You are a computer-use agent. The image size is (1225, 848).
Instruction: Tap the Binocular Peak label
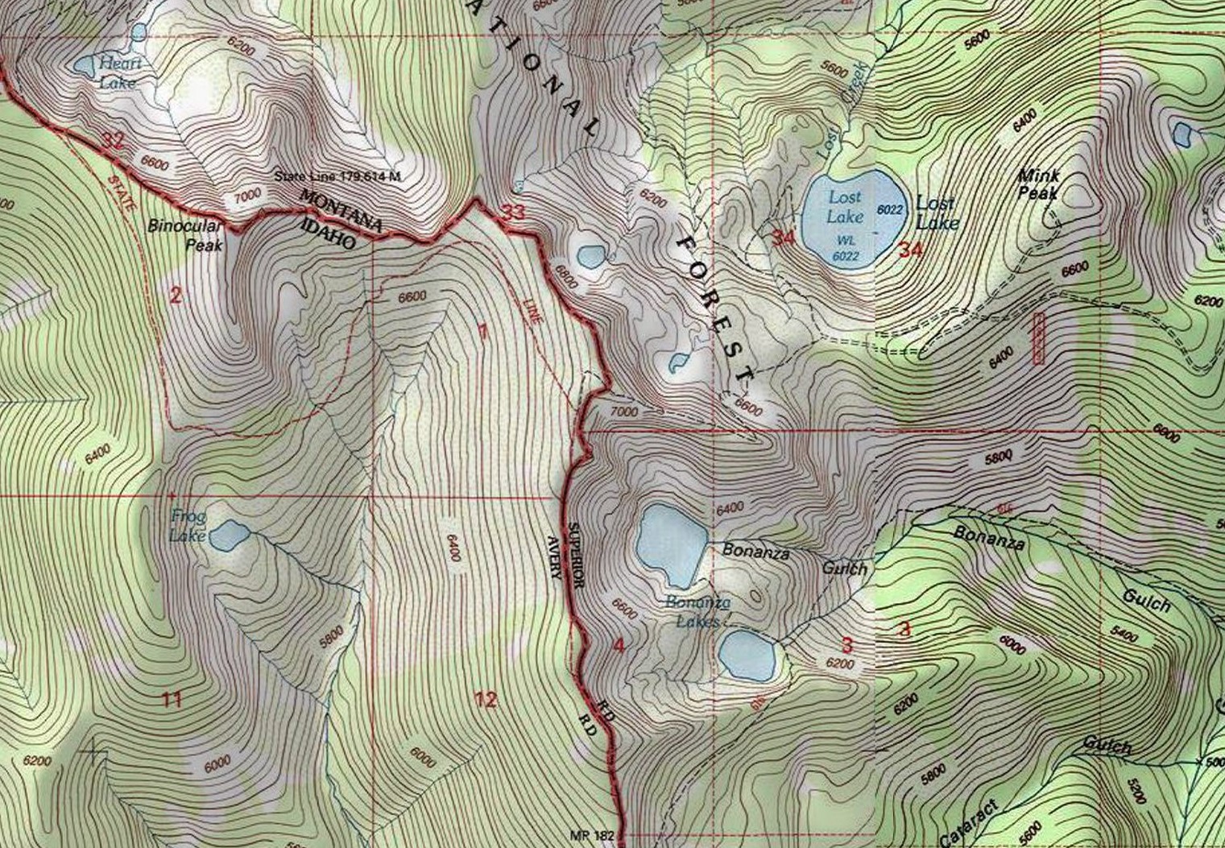(184, 234)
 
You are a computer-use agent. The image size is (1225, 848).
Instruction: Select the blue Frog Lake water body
(229, 535)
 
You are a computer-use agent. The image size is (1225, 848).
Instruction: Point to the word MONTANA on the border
(341, 211)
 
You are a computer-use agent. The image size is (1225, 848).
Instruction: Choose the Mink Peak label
(1039, 184)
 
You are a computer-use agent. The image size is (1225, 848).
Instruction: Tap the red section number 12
(486, 699)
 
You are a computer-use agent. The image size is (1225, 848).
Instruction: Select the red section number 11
(172, 699)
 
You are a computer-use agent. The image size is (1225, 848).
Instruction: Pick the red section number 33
(513, 213)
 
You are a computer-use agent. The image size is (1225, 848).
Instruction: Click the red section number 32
(114, 141)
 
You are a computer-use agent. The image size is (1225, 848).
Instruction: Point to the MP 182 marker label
(591, 836)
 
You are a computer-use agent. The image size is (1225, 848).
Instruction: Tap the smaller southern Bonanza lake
(747, 654)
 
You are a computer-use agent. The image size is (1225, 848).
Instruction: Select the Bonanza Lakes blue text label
(697, 612)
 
